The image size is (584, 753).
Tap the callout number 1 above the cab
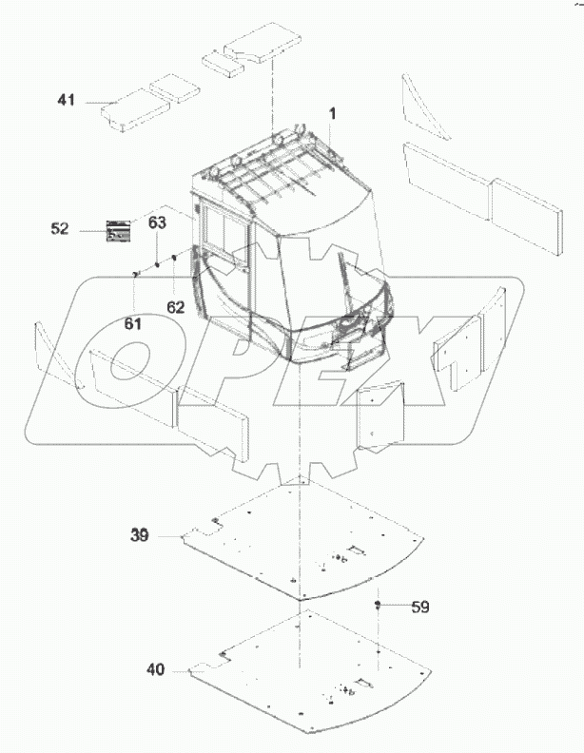point(333,114)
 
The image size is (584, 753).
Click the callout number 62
point(174,307)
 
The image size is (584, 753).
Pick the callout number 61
point(133,323)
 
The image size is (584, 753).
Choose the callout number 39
point(140,535)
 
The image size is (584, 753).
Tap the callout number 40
point(154,669)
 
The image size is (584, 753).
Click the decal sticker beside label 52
point(119,230)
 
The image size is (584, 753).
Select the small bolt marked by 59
point(379,605)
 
